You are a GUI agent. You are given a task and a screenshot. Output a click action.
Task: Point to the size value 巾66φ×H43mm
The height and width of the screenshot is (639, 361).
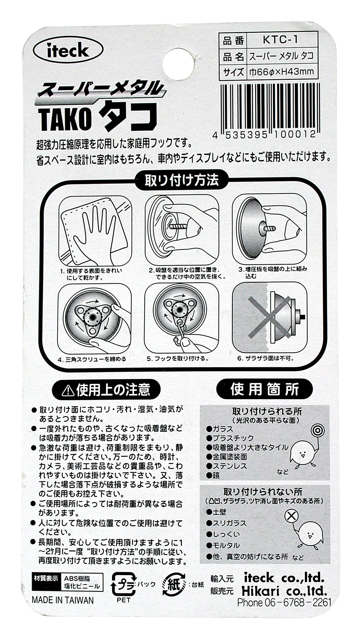(281, 72)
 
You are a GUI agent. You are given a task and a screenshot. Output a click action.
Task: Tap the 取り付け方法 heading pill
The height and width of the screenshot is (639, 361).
(181, 180)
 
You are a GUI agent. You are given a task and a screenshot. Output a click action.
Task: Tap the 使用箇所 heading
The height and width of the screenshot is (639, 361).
(264, 389)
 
